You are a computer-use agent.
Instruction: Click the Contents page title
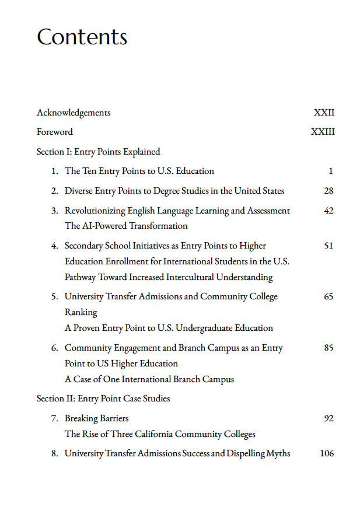pos(82,37)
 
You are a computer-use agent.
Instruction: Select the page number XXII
pos(324,113)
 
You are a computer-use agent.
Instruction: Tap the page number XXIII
pos(323,132)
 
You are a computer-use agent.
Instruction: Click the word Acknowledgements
pos(74,113)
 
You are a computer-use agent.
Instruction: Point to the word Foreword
pos(55,132)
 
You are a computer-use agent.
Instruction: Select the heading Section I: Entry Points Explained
pos(98,152)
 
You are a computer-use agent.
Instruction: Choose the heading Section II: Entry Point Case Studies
pos(103,398)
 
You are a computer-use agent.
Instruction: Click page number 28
pos(328,191)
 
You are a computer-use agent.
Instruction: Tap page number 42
pos(328,211)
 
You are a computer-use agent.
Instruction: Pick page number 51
pos(328,246)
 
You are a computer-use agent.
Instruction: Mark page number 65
pos(328,296)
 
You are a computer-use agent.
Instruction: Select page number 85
pos(328,348)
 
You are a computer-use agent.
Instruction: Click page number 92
pos(328,418)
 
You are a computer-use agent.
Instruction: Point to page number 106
pos(327,453)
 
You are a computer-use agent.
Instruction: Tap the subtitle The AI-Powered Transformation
pos(126,226)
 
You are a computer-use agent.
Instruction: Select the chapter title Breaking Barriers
pos(96,418)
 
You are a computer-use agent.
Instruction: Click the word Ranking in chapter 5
pos(81,312)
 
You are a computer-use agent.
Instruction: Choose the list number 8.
pos(54,453)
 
